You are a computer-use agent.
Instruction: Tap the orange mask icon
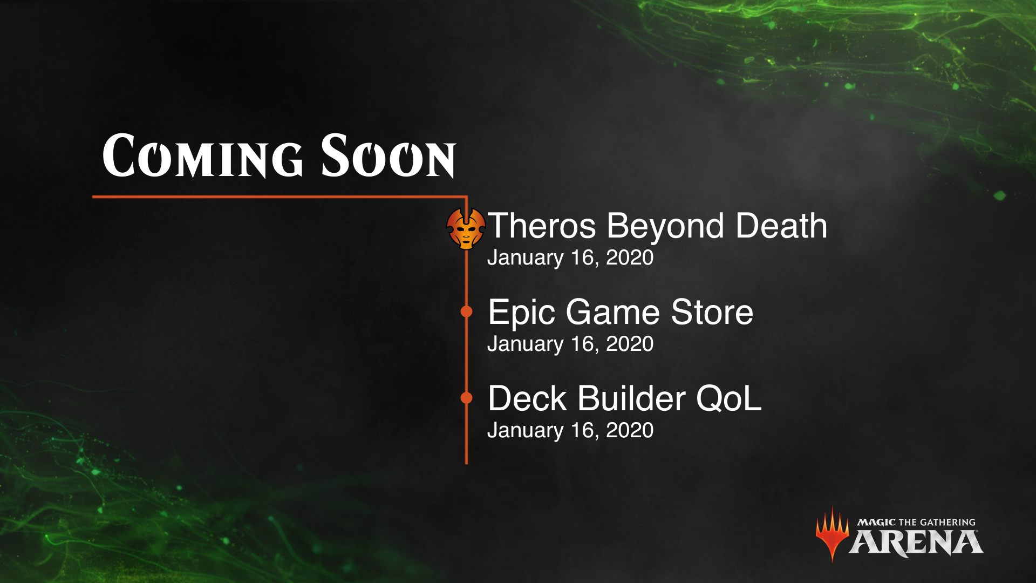pyautogui.click(x=466, y=228)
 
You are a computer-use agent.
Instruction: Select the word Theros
pyautogui.click(x=542, y=226)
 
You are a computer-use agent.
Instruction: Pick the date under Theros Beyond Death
pyautogui.click(x=570, y=258)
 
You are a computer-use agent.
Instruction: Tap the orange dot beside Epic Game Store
pyautogui.click(x=467, y=311)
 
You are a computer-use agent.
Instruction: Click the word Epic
pyautogui.click(x=522, y=314)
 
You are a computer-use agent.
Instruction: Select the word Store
pyautogui.click(x=712, y=312)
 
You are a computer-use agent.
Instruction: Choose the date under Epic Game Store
pyautogui.click(x=570, y=344)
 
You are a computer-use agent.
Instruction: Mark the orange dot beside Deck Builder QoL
pyautogui.click(x=467, y=398)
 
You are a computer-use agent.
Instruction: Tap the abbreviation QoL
pyautogui.click(x=729, y=398)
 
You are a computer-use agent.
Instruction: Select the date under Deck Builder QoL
pyautogui.click(x=570, y=431)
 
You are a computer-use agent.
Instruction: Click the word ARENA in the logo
pyautogui.click(x=916, y=543)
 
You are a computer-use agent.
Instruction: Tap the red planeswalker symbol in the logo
pyautogui.click(x=832, y=535)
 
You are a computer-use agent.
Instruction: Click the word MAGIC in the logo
pyautogui.click(x=876, y=522)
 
